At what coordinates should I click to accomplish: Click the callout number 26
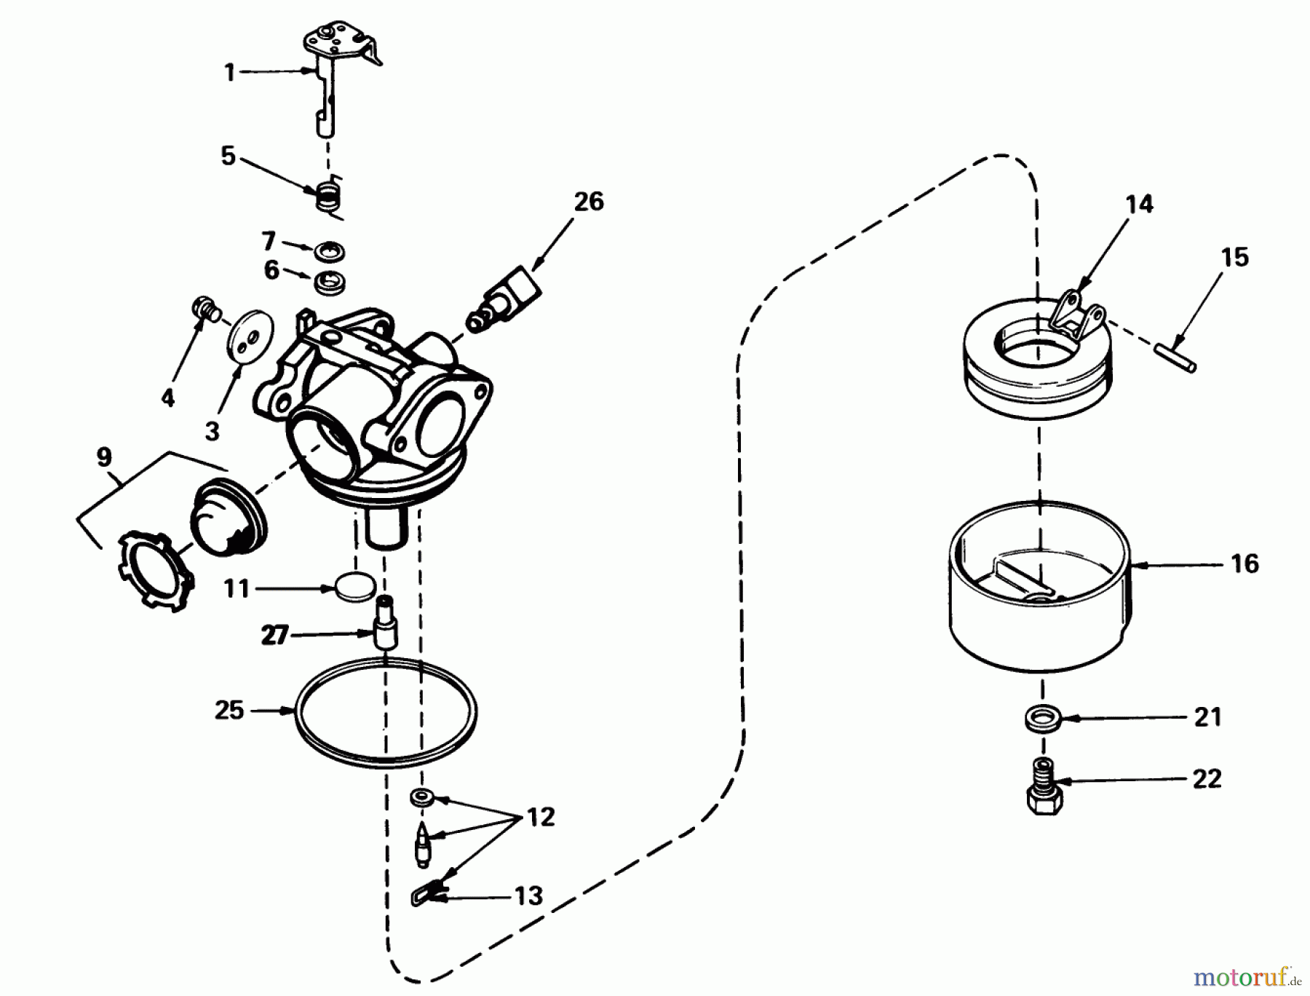pyautogui.click(x=588, y=202)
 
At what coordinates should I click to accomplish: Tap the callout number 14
pyautogui.click(x=1139, y=205)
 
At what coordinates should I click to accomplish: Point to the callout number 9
pyautogui.click(x=104, y=457)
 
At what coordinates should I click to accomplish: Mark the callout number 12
pyautogui.click(x=540, y=817)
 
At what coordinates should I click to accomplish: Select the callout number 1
pyautogui.click(x=230, y=72)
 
